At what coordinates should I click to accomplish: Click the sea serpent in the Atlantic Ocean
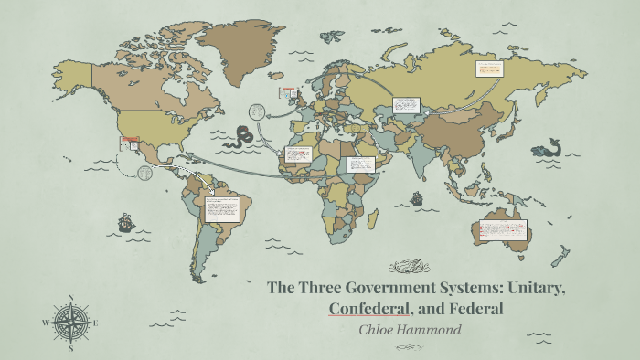tap(242, 136)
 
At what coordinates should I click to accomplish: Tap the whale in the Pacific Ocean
tap(551, 147)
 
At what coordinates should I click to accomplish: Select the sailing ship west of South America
tap(124, 222)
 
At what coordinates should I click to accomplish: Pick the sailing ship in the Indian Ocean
tap(417, 197)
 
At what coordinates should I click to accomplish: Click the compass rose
tap(69, 322)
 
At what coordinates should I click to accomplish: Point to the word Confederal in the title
tap(368, 309)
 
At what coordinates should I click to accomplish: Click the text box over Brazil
tap(221, 209)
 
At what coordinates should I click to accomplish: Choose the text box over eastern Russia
tap(490, 69)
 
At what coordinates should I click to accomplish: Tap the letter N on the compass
tap(70, 298)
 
